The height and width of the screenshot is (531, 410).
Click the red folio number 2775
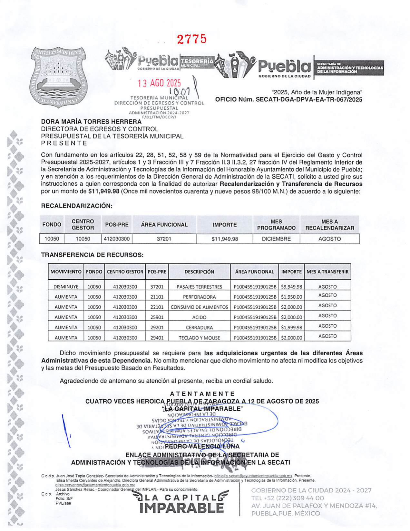(x=192, y=39)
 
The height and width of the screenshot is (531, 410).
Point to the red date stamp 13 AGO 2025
(x=159, y=83)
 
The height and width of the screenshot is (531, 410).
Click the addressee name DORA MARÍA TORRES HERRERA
(x=91, y=122)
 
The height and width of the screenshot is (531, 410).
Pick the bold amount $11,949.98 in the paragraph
(x=104, y=191)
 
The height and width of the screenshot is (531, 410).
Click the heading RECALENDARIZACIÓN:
(x=77, y=206)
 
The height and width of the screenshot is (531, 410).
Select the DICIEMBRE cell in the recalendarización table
(x=276, y=239)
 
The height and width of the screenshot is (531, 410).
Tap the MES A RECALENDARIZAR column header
(x=329, y=225)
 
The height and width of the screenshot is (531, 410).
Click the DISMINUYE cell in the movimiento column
(x=66, y=286)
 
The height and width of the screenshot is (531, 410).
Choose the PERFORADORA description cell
(x=199, y=297)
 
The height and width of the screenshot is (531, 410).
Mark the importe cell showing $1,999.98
(x=291, y=328)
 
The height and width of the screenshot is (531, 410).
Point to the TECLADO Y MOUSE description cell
(x=199, y=338)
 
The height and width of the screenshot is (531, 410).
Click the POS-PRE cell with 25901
(x=157, y=317)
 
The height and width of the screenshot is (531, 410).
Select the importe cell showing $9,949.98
(x=291, y=286)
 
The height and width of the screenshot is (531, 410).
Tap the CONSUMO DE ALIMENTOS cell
(x=199, y=307)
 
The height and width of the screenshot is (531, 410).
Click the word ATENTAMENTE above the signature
(x=202, y=394)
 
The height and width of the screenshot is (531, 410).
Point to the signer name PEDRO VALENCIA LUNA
(x=202, y=446)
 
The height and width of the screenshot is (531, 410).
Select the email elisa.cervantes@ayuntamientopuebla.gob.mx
(x=95, y=485)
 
